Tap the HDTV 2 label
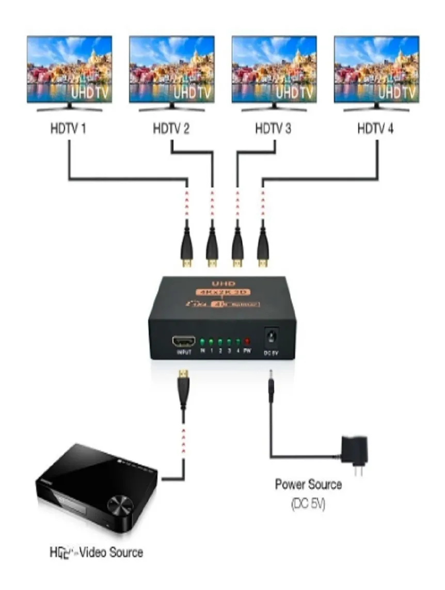(x=171, y=129)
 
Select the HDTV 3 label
(x=273, y=129)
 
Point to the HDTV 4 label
(x=375, y=129)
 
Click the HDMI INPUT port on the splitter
(x=184, y=342)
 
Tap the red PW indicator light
(x=247, y=342)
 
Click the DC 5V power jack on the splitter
(x=269, y=338)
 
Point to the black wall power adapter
(x=356, y=450)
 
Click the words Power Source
(x=308, y=485)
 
